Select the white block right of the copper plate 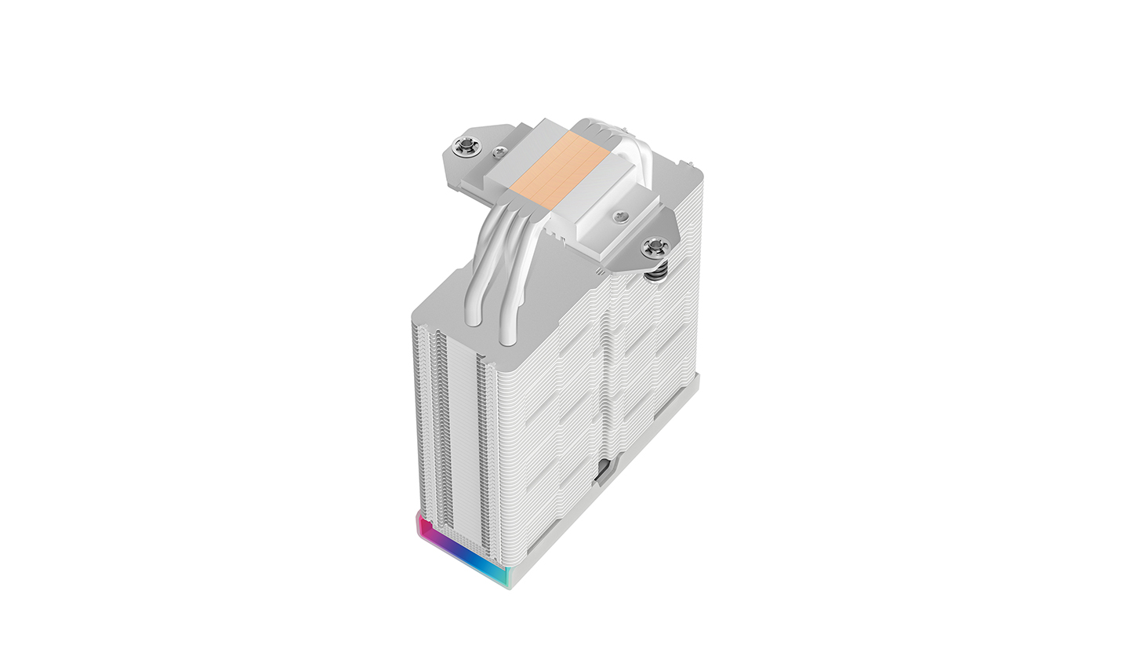596,196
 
